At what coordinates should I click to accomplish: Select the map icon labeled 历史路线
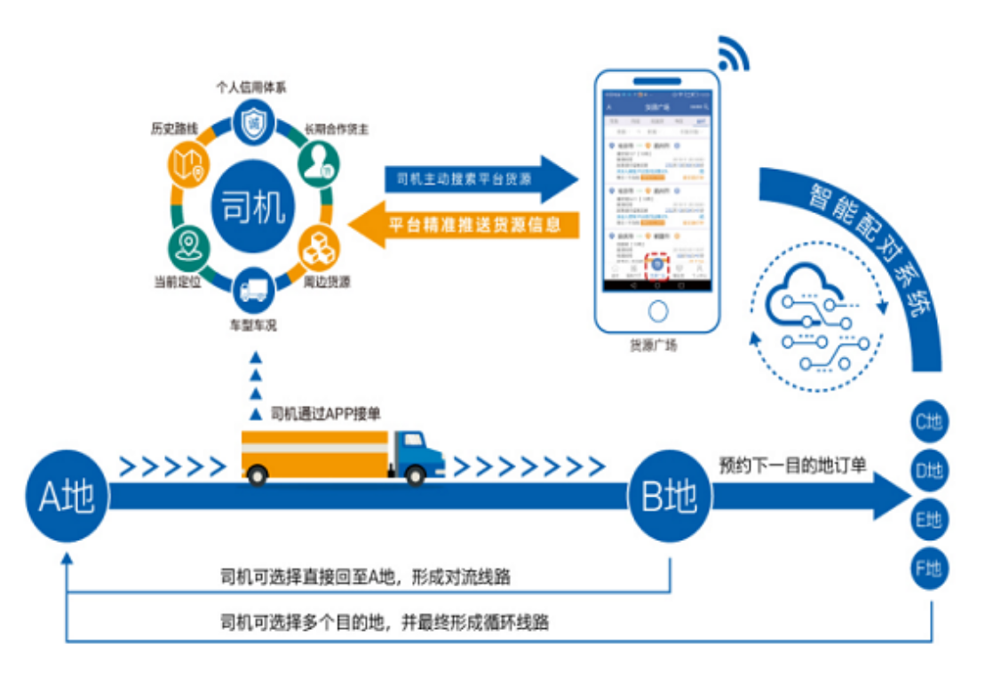189,162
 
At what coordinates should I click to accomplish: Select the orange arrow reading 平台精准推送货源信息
466,223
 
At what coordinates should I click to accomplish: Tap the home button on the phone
657,312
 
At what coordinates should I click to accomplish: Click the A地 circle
67,498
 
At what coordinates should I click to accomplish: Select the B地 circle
668,498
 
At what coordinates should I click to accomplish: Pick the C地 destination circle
929,422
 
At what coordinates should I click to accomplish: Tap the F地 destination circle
929,569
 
